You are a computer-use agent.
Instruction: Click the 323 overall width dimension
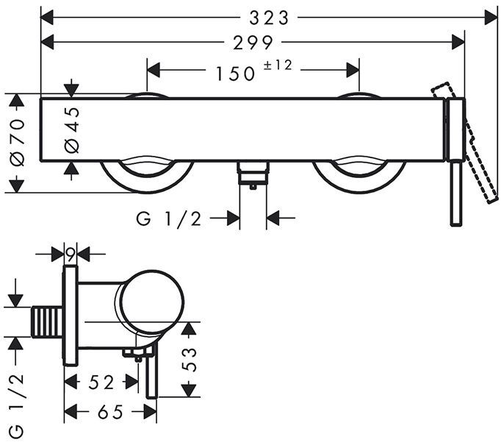pyautogui.click(x=268, y=17)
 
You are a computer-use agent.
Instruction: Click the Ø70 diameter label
pyautogui.click(x=17, y=143)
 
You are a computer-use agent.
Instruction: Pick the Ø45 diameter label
pyautogui.click(x=71, y=129)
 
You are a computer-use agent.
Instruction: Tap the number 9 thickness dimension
pyautogui.click(x=71, y=254)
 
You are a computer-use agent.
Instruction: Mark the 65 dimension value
pyautogui.click(x=110, y=412)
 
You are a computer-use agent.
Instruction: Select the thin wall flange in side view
pyautogui.click(x=71, y=316)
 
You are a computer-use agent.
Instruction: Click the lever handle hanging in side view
pyautogui.click(x=152, y=375)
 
